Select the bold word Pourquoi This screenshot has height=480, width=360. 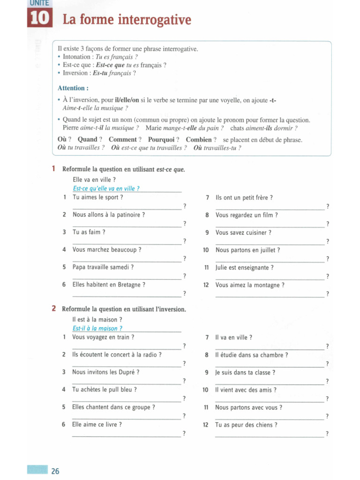pos(161,140)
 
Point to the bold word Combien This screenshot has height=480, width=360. pos(199,140)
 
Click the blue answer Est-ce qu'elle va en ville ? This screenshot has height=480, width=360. pos(106,188)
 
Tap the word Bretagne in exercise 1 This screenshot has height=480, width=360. pos(129,285)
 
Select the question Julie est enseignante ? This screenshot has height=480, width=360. pos(245,268)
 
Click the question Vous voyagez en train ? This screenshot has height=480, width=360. pos(104,337)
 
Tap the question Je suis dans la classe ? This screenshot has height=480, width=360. pos(245,373)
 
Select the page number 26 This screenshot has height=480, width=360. pos(55,471)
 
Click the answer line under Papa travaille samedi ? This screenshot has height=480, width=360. pos(127,279)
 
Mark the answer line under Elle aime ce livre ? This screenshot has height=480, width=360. pos(127,436)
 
